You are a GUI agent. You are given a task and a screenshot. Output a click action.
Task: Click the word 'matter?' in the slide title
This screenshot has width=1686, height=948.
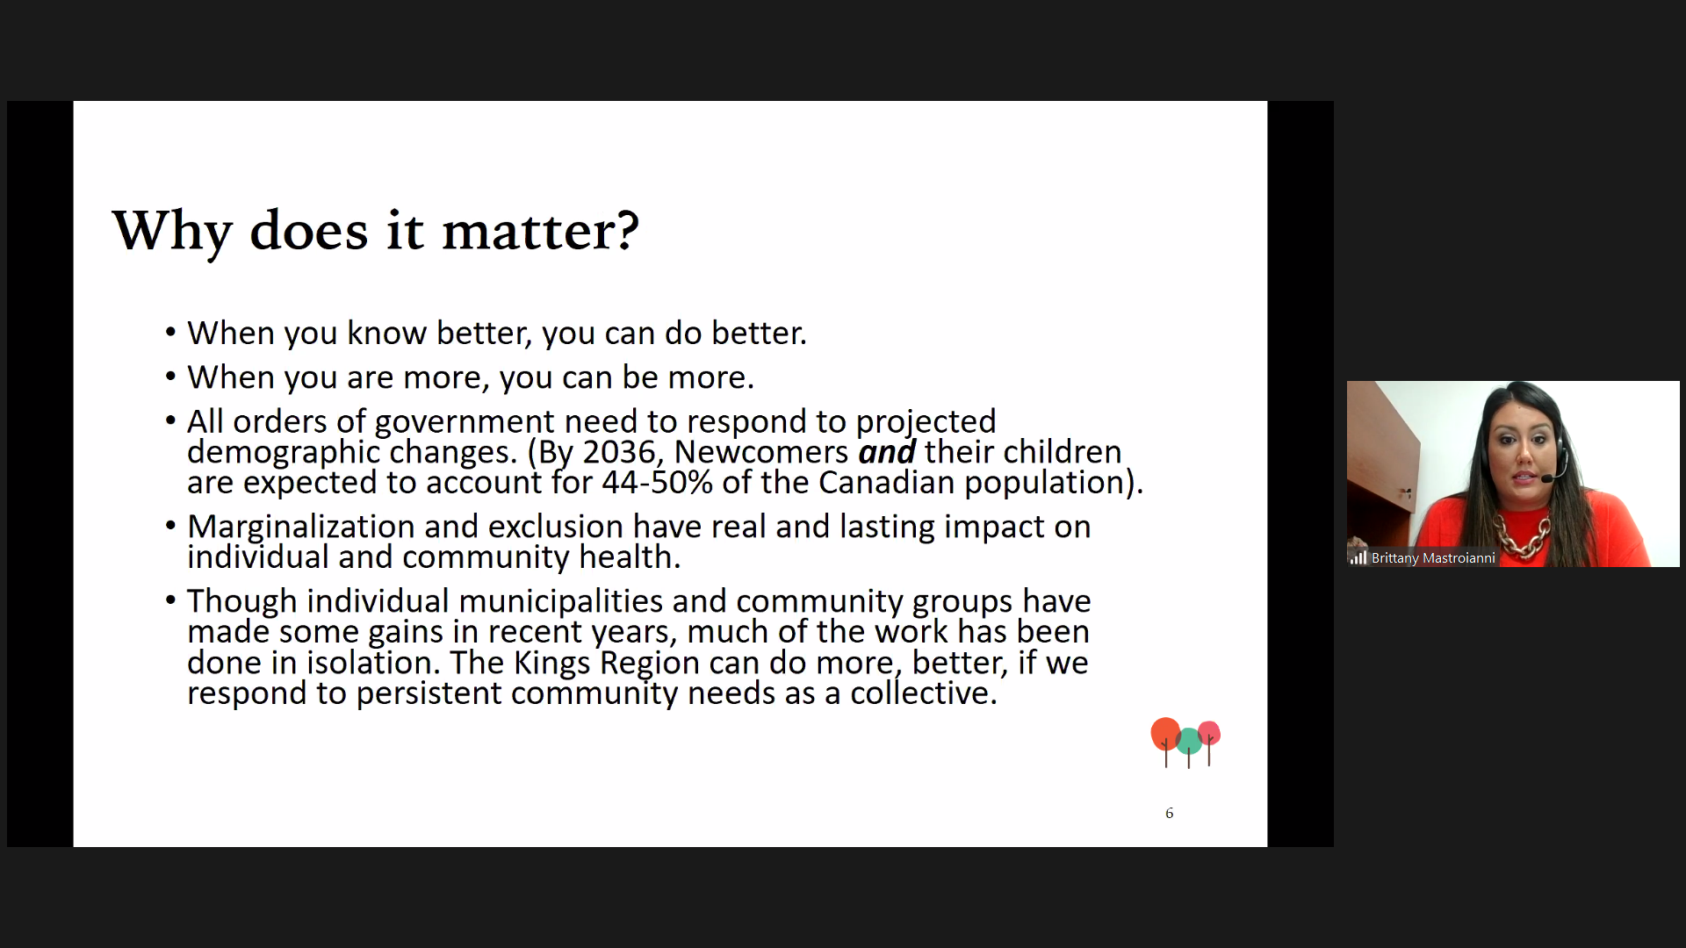(x=540, y=231)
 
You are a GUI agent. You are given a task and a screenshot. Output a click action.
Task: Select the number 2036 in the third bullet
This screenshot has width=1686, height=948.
(x=620, y=452)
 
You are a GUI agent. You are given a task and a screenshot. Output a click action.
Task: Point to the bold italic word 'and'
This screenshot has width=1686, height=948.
(x=887, y=452)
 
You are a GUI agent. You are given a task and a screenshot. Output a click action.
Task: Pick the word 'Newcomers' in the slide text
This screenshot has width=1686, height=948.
(x=761, y=452)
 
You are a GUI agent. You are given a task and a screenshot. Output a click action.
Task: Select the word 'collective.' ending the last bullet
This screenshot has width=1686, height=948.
(x=924, y=693)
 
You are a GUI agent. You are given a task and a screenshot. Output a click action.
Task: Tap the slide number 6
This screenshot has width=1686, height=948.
(x=1169, y=814)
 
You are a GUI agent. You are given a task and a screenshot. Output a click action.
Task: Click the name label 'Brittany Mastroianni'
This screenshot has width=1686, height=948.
(x=1433, y=558)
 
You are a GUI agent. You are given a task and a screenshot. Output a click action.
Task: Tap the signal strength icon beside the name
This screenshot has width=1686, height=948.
(x=1358, y=558)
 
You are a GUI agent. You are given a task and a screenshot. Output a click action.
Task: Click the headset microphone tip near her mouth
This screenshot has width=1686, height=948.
(x=1546, y=478)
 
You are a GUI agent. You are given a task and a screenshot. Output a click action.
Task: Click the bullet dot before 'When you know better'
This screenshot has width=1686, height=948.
(x=170, y=333)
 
